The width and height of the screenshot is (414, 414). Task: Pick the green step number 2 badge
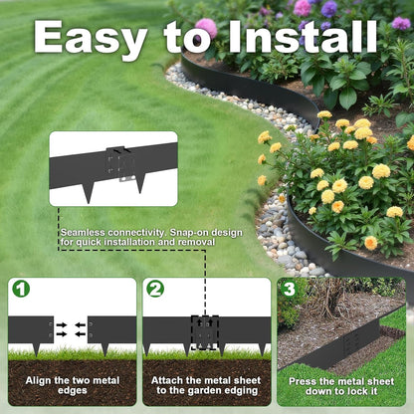coord(155,289)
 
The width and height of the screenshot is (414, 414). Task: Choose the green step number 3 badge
coord(288,289)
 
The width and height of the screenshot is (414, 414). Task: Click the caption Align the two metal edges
coord(72,387)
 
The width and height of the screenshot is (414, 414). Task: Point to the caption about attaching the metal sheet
coord(206,387)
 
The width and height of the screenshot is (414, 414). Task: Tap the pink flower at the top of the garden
coord(206,27)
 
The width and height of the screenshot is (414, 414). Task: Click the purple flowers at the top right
coord(328,9)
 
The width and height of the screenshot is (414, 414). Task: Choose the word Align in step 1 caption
coord(39,380)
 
